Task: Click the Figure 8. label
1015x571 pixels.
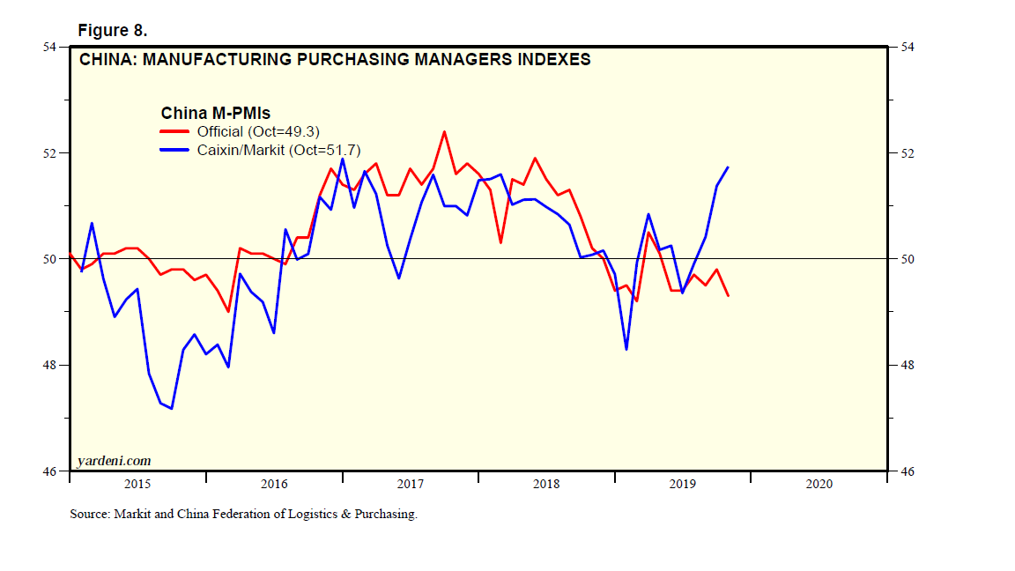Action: coord(113,31)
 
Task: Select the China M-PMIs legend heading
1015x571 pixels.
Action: coord(215,113)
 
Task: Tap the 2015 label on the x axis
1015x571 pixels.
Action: coord(137,484)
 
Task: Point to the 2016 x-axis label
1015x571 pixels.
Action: coord(274,484)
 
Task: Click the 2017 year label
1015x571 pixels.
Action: coord(411,484)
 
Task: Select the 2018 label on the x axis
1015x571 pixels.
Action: coord(546,484)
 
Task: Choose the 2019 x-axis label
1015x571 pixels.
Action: coord(683,484)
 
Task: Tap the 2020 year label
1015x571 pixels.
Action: coord(819,484)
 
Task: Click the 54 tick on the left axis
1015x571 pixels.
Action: coord(50,47)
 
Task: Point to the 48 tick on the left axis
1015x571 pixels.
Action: coord(50,365)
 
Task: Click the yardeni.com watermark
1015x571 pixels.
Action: coord(114,460)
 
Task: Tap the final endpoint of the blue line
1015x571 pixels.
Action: coord(728,167)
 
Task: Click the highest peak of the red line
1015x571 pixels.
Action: coord(444,131)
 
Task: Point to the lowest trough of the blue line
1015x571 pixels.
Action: coord(171,409)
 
